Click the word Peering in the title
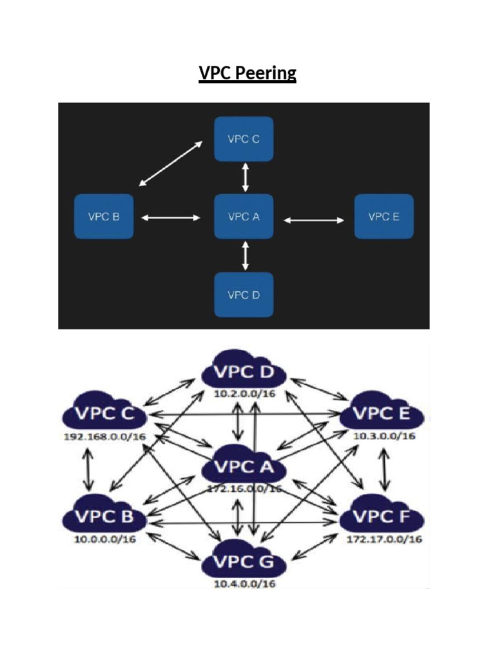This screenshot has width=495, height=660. (x=266, y=74)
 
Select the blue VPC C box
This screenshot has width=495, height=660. (x=244, y=139)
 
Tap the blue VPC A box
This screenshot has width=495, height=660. (x=244, y=217)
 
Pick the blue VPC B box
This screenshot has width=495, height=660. (x=104, y=217)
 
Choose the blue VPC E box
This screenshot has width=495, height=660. (x=383, y=217)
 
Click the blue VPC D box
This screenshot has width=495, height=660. (x=244, y=295)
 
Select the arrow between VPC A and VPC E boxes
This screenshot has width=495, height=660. (x=314, y=220)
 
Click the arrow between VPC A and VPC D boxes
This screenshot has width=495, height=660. (x=244, y=256)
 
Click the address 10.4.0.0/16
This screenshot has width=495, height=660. (x=244, y=584)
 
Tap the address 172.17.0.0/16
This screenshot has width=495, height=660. (x=384, y=539)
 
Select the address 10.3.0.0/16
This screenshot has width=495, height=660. (x=384, y=436)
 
